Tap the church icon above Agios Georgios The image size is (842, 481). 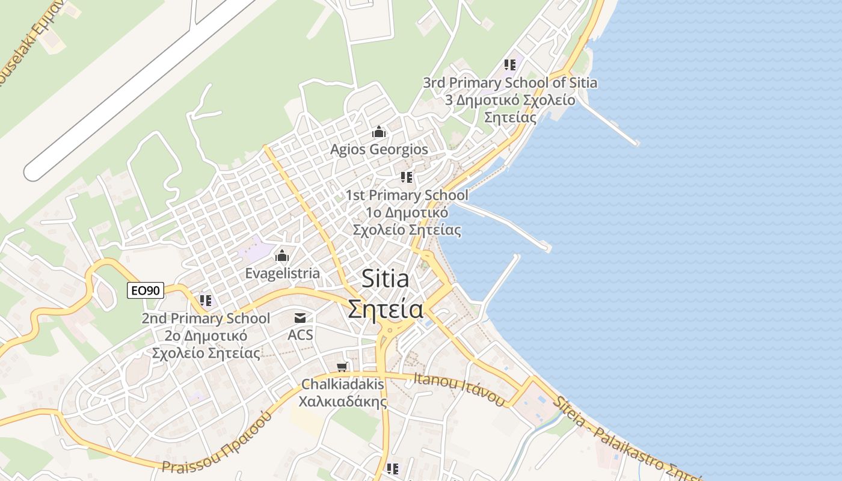(379, 132)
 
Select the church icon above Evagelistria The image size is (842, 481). (281, 256)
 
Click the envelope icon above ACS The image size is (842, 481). (300, 318)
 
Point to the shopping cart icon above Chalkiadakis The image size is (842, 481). (342, 367)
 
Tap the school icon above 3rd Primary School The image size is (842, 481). (510, 65)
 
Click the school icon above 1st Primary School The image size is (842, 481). (407, 177)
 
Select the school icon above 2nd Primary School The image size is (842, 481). (206, 300)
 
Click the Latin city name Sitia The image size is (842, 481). (386, 279)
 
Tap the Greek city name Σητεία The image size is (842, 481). (386, 309)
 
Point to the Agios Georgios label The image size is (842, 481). (379, 149)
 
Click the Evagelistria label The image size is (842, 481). (282, 274)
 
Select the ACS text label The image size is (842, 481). (300, 334)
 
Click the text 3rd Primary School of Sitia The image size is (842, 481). (510, 82)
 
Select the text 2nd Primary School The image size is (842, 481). (206, 318)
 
